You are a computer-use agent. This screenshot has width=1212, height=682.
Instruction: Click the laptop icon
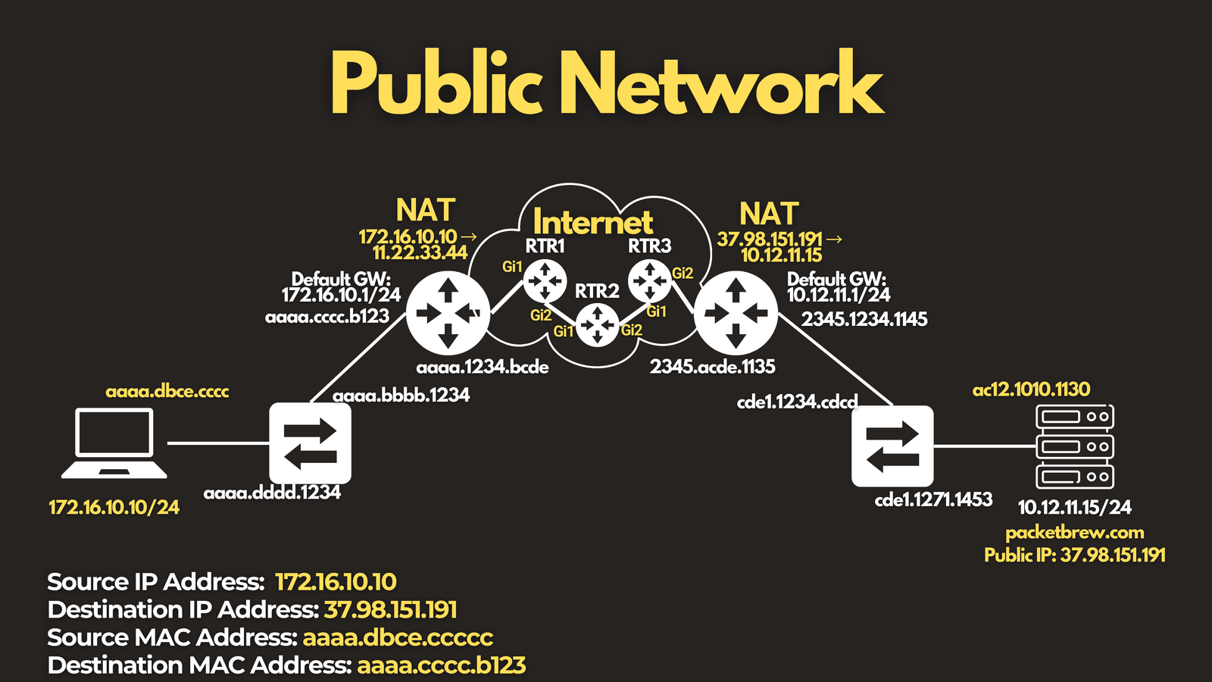114,443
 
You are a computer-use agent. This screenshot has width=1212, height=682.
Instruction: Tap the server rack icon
1075,446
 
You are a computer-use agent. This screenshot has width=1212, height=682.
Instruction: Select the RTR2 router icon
598,325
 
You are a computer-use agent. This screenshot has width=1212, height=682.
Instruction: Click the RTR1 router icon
545,281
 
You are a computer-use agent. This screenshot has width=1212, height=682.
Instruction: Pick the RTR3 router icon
649,281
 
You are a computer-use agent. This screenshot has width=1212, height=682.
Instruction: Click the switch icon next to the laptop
310,443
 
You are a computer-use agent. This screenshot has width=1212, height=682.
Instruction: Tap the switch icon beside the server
892,446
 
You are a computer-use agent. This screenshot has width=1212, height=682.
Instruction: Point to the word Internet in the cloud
593,222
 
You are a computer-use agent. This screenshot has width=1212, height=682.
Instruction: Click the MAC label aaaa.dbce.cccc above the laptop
167,391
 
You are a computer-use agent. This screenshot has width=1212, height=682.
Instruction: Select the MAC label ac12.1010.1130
1031,389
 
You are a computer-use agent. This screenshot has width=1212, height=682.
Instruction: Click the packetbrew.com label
1075,533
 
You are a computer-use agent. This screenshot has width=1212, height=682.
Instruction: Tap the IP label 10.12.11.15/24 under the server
1075,507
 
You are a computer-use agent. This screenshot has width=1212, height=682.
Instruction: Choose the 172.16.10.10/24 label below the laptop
114,507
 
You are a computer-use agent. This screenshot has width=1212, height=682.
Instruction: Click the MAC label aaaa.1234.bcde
482,368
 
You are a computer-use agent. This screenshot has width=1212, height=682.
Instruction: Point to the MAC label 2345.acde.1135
713,367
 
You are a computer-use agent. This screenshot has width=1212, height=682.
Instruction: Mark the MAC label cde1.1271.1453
933,499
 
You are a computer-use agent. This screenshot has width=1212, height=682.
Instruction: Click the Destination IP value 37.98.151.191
390,609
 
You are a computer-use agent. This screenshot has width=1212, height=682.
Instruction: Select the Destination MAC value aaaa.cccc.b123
442,665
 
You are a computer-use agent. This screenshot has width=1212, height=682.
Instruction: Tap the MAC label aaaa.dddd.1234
272,493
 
